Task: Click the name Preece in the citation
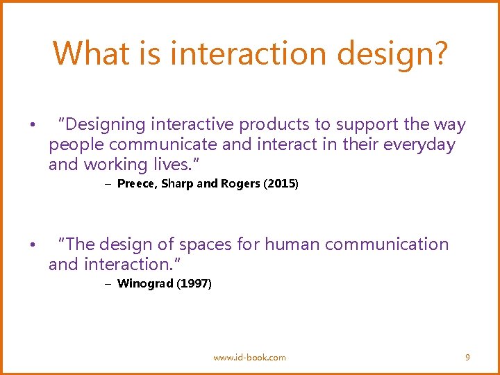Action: [x=137, y=184]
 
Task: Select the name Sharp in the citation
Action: [x=176, y=184]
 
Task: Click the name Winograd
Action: [x=145, y=283]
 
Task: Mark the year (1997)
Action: [x=194, y=283]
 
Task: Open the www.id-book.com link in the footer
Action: [x=249, y=357]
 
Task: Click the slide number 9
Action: [x=467, y=357]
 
